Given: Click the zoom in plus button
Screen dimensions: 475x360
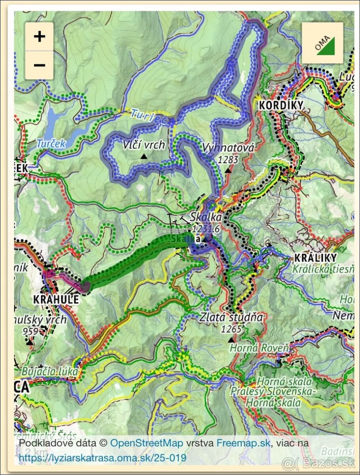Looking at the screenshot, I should [x=39, y=37].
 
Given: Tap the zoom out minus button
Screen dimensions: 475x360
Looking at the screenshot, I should [x=39, y=65].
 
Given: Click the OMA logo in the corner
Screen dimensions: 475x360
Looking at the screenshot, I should [x=322, y=43].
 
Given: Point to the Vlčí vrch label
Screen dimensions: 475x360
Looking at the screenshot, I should [x=143, y=145].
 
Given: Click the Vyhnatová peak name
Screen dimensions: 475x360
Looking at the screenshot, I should [x=228, y=148].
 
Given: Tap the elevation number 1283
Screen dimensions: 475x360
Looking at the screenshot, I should [x=228, y=160].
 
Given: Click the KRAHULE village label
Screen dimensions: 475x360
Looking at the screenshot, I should [x=56, y=299].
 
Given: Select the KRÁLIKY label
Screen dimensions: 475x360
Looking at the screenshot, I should [x=315, y=258].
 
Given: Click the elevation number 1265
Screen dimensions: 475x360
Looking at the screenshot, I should [x=231, y=329].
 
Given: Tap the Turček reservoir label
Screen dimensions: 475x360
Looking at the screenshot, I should [x=51, y=144].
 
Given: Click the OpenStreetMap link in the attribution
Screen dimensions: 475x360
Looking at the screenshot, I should [x=146, y=443].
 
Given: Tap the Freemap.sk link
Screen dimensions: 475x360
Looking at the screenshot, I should [x=243, y=443].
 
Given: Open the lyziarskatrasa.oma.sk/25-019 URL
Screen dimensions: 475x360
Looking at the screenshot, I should [x=103, y=458].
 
